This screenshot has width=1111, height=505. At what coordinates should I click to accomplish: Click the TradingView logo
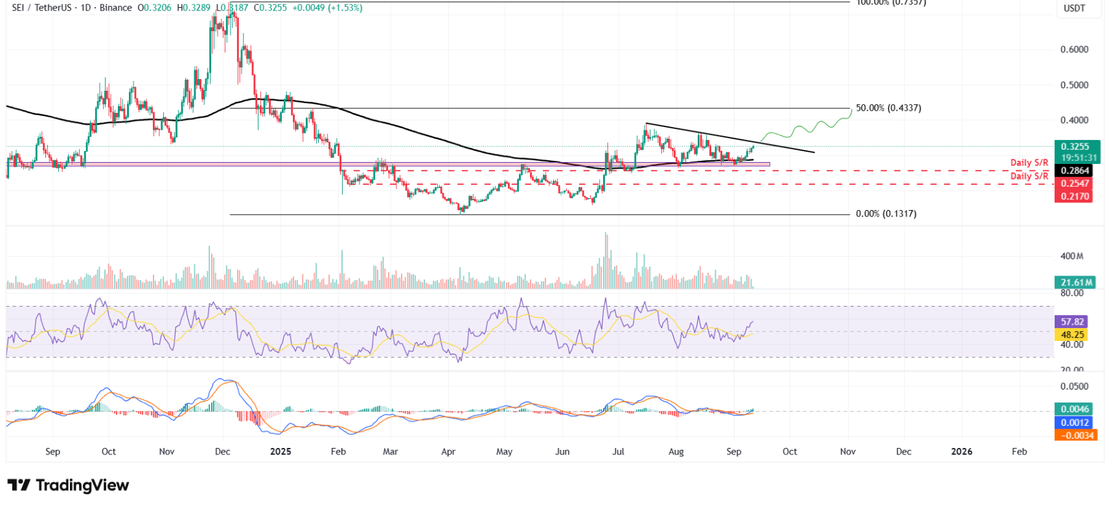pyautogui.click(x=68, y=485)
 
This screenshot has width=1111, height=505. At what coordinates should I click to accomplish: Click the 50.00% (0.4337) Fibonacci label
pyautogui.click(x=888, y=108)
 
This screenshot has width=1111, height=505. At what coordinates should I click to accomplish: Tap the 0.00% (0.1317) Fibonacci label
pyautogui.click(x=886, y=214)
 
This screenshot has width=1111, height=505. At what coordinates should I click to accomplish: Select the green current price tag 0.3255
pyautogui.click(x=1075, y=147)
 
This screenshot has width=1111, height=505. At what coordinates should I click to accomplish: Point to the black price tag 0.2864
pyautogui.click(x=1075, y=170)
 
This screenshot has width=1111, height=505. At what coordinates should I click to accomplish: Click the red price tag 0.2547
pyautogui.click(x=1075, y=183)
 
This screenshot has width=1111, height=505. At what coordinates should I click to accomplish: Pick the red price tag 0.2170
pyautogui.click(x=1075, y=196)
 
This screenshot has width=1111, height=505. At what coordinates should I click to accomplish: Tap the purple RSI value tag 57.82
pyautogui.click(x=1072, y=322)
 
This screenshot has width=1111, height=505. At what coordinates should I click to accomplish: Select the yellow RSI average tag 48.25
pyautogui.click(x=1072, y=335)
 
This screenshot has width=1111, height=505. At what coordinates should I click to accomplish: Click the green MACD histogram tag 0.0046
pyautogui.click(x=1075, y=409)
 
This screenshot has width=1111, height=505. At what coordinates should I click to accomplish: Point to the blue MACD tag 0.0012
pyautogui.click(x=1075, y=422)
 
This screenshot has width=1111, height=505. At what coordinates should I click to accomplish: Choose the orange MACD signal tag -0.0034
pyautogui.click(x=1075, y=435)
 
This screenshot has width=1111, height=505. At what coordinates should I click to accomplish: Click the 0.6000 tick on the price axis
pyautogui.click(x=1074, y=49)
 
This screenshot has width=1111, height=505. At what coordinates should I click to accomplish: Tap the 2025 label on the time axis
pyautogui.click(x=281, y=451)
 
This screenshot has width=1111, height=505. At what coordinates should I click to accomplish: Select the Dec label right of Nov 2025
pyautogui.click(x=904, y=451)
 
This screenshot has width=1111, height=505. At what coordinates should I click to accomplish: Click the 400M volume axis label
pyautogui.click(x=1071, y=256)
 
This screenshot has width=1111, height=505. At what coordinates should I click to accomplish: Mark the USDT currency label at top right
pyautogui.click(x=1074, y=8)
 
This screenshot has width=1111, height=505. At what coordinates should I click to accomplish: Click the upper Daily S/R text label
pyautogui.click(x=1029, y=163)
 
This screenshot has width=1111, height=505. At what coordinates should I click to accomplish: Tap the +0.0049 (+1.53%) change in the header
pyautogui.click(x=327, y=8)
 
